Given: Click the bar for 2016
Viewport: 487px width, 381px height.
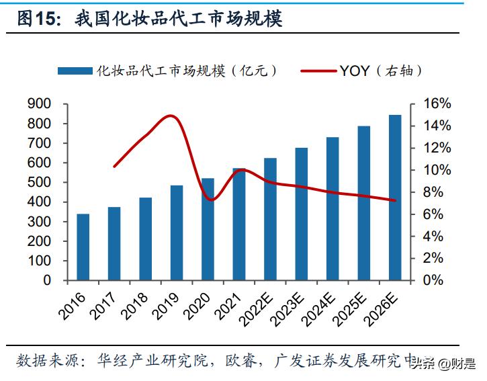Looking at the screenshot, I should click(x=83, y=247).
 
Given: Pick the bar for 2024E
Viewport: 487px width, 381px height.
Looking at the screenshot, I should click(x=333, y=208).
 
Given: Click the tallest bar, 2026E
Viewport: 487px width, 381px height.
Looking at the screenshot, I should click(x=395, y=198).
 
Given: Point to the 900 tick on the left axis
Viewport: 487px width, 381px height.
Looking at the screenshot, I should click(x=40, y=104).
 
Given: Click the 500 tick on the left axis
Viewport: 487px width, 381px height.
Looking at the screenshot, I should click(x=40, y=183).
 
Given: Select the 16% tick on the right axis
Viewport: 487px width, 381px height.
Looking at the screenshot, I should click(x=437, y=104).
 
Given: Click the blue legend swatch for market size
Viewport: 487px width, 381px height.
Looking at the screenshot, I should click(x=75, y=70).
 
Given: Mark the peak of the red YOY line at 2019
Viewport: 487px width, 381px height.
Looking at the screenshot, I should click(x=172, y=116).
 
